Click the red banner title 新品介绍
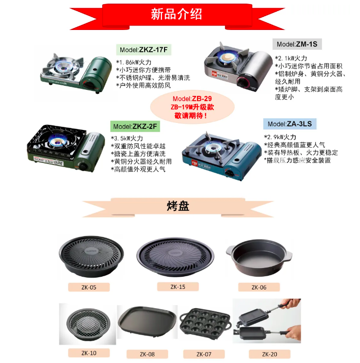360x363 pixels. pyautogui.click(x=176, y=14)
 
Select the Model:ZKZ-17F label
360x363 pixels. pyautogui.click(x=144, y=50)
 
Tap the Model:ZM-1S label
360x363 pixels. pyautogui.click(x=297, y=44)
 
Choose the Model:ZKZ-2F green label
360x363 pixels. pyautogui.click(x=135, y=126)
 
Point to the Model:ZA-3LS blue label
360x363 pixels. pyautogui.click(x=289, y=124)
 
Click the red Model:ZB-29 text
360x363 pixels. pyautogui.click(x=192, y=99)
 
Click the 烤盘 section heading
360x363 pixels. pyautogui.click(x=178, y=206)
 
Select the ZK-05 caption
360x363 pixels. pyautogui.click(x=89, y=287)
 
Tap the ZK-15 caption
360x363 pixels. pyautogui.click(x=178, y=287)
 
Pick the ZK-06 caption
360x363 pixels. pyautogui.click(x=259, y=287)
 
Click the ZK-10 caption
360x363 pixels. pyautogui.click(x=89, y=353)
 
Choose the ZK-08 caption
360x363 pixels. pyautogui.click(x=147, y=354)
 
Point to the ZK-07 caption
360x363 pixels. pyautogui.click(x=204, y=354)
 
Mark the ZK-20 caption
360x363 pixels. pyautogui.click(x=270, y=354)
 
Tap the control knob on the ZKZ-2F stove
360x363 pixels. pyautogui.click(x=83, y=166)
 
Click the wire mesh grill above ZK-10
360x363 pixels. pyautogui.click(x=88, y=324)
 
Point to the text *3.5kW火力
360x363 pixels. pyautogui.click(x=127, y=139)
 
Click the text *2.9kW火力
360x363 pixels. pyautogui.click(x=280, y=137)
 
